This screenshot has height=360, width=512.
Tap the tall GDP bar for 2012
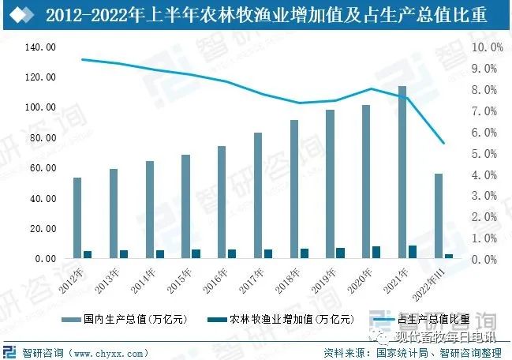(77, 218)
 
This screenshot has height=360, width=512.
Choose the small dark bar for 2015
(196, 253)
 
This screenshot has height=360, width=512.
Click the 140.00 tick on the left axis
(39, 47)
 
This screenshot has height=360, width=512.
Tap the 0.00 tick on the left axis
(44, 259)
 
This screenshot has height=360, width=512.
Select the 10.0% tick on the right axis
(487, 47)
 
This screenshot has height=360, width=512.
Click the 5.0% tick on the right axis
(487, 153)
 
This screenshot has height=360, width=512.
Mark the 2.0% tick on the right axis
(487, 216)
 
